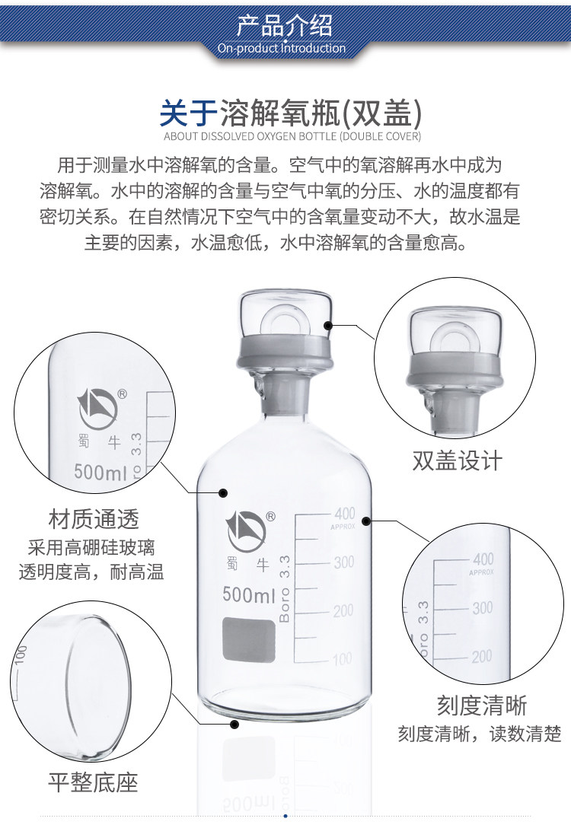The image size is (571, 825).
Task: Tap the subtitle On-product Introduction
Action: pos(282,49)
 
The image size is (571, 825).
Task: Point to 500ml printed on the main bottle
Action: pos(248,594)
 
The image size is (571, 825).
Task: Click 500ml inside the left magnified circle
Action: pos(100,472)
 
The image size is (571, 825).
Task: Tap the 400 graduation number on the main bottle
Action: pos(345,513)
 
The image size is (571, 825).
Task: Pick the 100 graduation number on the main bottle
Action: pos(343,659)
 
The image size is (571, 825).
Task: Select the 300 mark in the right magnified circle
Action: pos(482,608)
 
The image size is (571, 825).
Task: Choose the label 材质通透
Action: pos(94,521)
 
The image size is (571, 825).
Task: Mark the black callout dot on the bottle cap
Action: pos(328,325)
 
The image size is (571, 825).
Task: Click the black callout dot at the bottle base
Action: pos(235,724)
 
